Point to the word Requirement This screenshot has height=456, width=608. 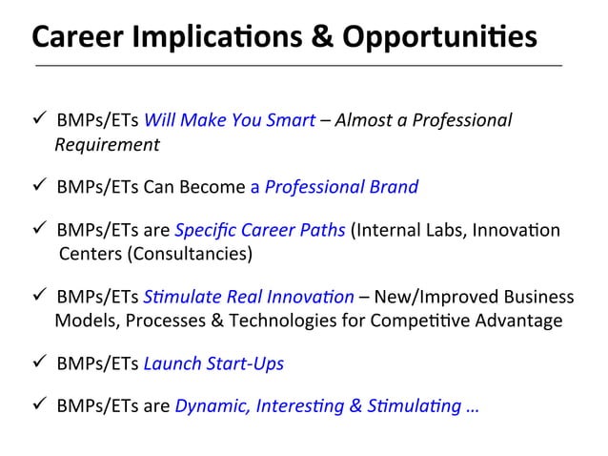[x=107, y=145]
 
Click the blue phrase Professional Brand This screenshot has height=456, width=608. [x=341, y=186]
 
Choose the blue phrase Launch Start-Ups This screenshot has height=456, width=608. [x=228, y=363]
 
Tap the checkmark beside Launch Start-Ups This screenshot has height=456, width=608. [x=39, y=363]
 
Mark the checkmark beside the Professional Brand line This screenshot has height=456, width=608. [x=39, y=186]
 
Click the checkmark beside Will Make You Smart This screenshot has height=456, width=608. [x=39, y=121]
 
